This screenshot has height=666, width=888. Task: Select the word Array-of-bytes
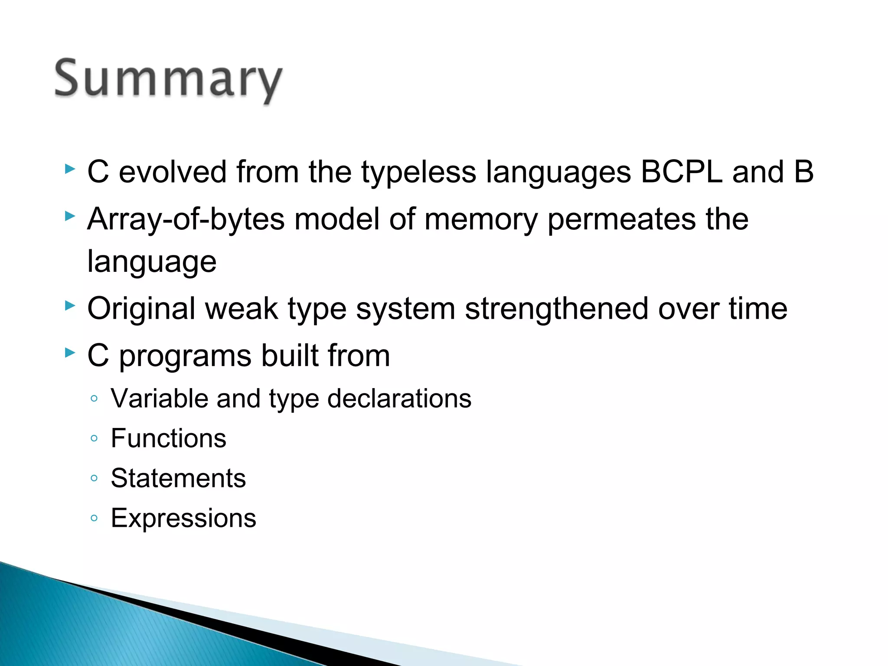[x=186, y=219]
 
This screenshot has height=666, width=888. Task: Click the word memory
[x=481, y=219]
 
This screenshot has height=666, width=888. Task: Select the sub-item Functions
[x=168, y=438]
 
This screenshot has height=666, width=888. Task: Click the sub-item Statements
[x=178, y=478]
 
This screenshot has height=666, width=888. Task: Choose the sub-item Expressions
[x=183, y=518]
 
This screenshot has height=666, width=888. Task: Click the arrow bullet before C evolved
[x=70, y=169]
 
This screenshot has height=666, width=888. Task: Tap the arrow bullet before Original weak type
[x=70, y=306]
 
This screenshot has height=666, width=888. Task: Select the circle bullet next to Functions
[x=94, y=438]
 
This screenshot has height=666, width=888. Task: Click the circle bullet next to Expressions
[x=94, y=518]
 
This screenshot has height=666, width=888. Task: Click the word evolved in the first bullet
[x=173, y=172]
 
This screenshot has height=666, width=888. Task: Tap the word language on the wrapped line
[x=152, y=262]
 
